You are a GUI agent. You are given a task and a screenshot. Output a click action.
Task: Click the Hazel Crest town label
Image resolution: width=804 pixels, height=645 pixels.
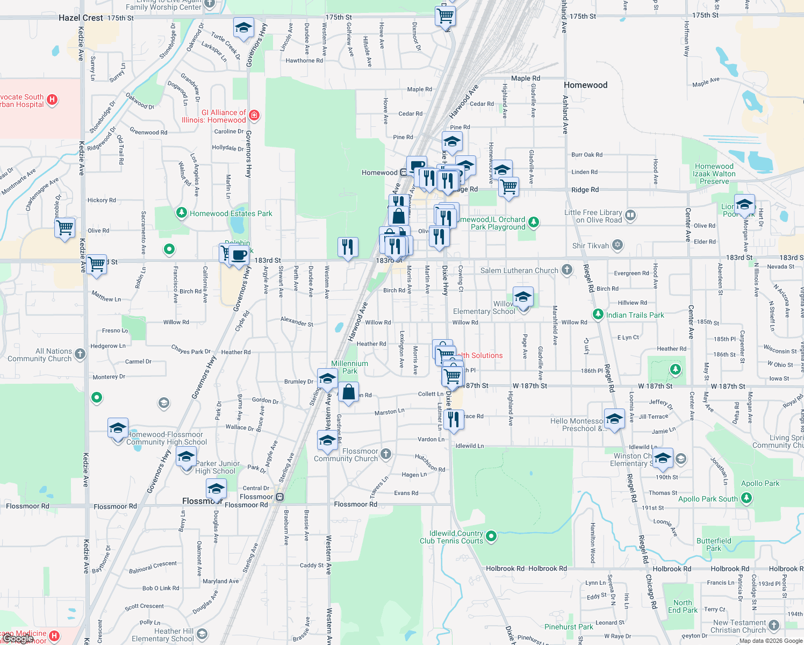81,18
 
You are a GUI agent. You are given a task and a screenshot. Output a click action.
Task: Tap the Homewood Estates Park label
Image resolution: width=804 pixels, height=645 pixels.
231,213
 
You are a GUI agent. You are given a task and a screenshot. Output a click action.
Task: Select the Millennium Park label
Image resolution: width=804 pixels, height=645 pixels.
349,367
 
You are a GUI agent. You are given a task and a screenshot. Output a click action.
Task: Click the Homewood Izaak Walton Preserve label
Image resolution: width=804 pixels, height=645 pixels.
714,174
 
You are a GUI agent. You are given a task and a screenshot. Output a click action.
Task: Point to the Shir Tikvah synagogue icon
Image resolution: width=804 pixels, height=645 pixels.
618,246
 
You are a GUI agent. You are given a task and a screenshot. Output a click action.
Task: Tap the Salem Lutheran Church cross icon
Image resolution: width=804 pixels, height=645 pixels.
567,270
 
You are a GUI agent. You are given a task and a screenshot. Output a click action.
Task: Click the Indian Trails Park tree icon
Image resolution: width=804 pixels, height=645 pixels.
598,314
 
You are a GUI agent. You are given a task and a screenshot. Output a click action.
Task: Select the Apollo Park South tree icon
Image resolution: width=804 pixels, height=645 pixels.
746,498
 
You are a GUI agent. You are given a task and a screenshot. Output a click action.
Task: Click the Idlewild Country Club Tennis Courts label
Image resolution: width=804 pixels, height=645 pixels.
451,537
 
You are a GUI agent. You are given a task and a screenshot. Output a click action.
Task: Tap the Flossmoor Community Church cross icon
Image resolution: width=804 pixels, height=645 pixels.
386,455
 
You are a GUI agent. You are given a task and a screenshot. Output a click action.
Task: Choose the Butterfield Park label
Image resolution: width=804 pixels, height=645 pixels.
714,544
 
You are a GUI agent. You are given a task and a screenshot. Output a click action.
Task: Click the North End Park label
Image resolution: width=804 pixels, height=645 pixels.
683,606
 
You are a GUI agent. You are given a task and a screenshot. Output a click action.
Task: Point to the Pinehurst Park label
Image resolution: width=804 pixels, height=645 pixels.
569,627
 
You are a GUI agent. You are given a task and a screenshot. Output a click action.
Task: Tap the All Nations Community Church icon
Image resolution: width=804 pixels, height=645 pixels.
80,354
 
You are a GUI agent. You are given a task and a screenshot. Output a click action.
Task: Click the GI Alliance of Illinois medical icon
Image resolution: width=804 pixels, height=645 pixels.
254,115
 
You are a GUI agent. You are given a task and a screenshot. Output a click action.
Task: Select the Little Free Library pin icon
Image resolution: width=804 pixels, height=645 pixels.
630,216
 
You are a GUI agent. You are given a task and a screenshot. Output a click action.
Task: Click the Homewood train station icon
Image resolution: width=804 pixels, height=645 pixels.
404,173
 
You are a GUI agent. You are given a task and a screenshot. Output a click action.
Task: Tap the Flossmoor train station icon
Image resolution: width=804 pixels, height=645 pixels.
279,497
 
